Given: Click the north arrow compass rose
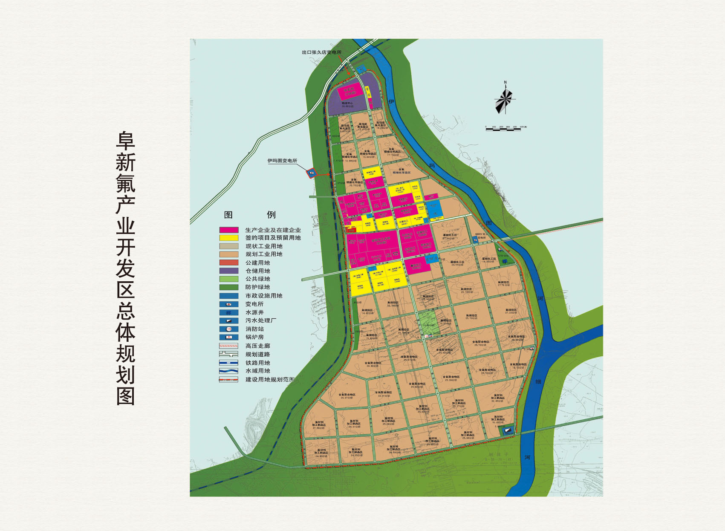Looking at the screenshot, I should coord(505,99).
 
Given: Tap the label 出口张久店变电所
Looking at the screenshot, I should coord(321,52).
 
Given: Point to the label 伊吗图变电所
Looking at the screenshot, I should coord(282,161).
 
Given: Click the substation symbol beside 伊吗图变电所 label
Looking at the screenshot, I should coord(312,173).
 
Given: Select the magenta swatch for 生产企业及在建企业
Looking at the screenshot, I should coord(228,230).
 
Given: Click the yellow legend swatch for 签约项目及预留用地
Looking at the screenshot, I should coord(228,238).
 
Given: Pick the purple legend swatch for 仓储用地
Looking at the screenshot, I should coord(228,271).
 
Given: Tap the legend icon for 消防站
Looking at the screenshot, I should coord(228,329).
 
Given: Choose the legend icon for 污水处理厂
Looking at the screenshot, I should coord(228,320).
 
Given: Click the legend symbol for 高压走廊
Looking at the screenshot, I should coord(228,346).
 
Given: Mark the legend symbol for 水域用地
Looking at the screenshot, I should coord(228,371).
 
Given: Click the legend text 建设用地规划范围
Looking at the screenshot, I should coord(270,379).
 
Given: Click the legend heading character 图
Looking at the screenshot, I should coord(228,215).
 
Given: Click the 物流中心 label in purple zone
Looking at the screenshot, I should coord(347,103).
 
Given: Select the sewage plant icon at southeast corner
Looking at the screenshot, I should coord(507,430).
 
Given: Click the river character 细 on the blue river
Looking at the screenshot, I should coord(538,381).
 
